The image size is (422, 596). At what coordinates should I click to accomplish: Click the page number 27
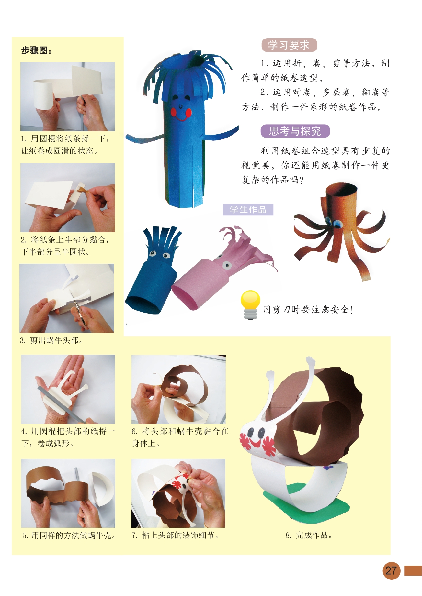coord(391,570)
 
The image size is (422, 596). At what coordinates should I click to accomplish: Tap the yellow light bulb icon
coord(250,304)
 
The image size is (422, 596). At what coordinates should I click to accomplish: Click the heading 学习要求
coord(289,45)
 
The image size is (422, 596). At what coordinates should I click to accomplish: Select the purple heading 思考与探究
coord(295,131)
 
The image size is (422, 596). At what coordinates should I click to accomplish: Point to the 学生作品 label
coord(248,210)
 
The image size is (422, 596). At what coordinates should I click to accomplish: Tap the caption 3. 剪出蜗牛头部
coord(51,340)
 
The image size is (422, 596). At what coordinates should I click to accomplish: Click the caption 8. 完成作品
coord(309,535)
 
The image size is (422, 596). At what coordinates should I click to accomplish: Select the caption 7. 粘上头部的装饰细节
coord(175,535)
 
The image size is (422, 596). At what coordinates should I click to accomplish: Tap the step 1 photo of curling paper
coord(68,97)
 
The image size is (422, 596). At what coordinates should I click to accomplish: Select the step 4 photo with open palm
coord(68,389)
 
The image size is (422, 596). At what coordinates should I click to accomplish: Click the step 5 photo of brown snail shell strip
coord(68,493)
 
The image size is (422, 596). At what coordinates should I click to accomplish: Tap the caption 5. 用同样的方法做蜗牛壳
coord(69,535)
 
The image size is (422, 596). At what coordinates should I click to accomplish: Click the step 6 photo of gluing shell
coord(178,389)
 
